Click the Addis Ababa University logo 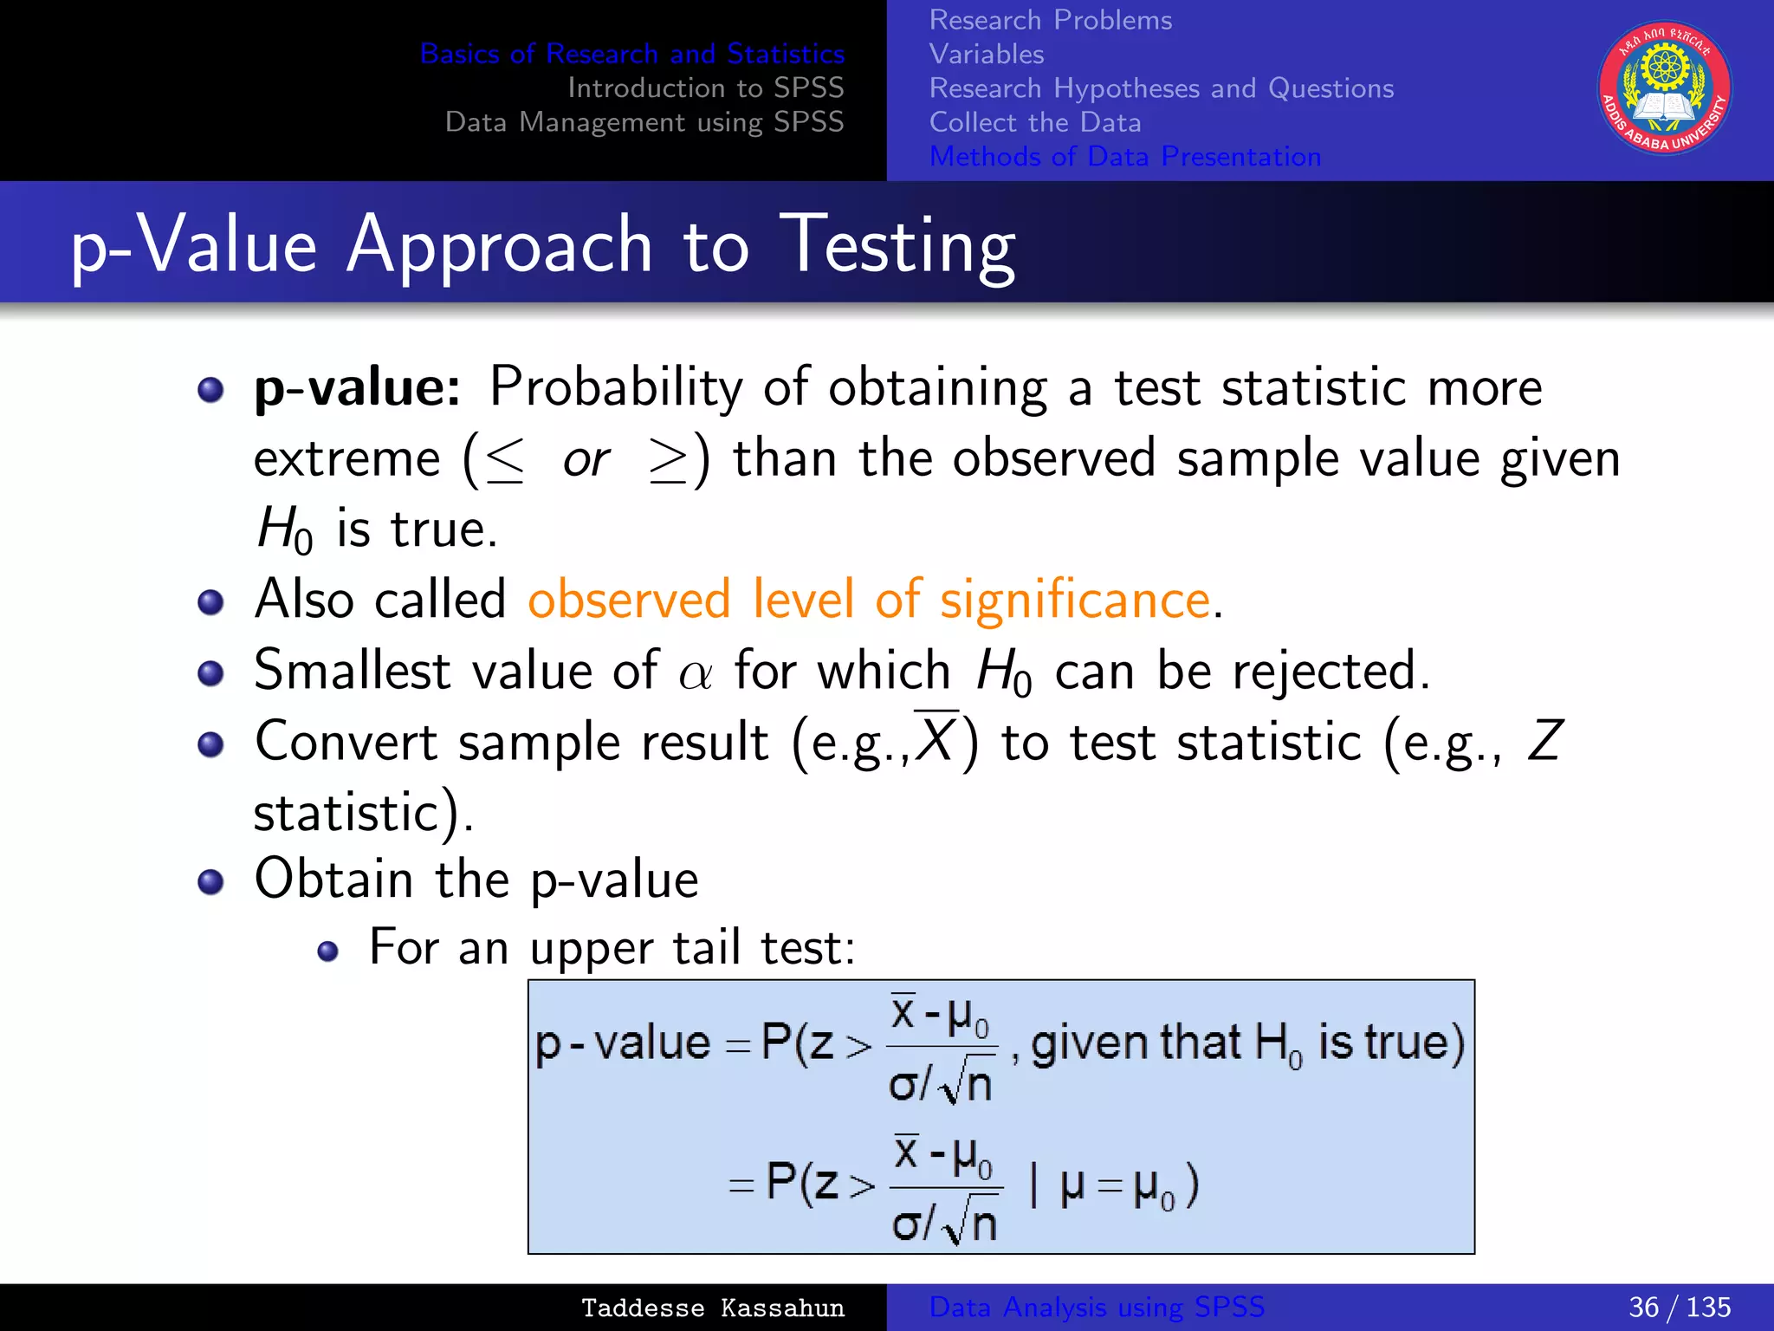pyautogui.click(x=1664, y=88)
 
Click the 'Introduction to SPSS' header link pyautogui.click(x=705, y=88)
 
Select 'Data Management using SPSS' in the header pyautogui.click(x=644, y=122)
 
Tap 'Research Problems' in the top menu pyautogui.click(x=1050, y=20)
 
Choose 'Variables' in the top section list pyautogui.click(x=987, y=54)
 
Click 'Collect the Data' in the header pyautogui.click(x=1035, y=122)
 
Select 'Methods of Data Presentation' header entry pyautogui.click(x=1125, y=156)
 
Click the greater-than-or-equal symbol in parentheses pyautogui.click(x=668, y=458)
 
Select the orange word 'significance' pyautogui.click(x=1075, y=600)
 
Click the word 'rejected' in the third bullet pyautogui.click(x=1324, y=671)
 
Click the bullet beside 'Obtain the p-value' pyautogui.click(x=210, y=882)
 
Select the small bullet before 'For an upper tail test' pyautogui.click(x=327, y=952)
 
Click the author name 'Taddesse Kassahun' pyautogui.click(x=712, y=1308)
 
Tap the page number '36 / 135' pyautogui.click(x=1679, y=1307)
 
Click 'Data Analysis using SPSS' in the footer pyautogui.click(x=1097, y=1307)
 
